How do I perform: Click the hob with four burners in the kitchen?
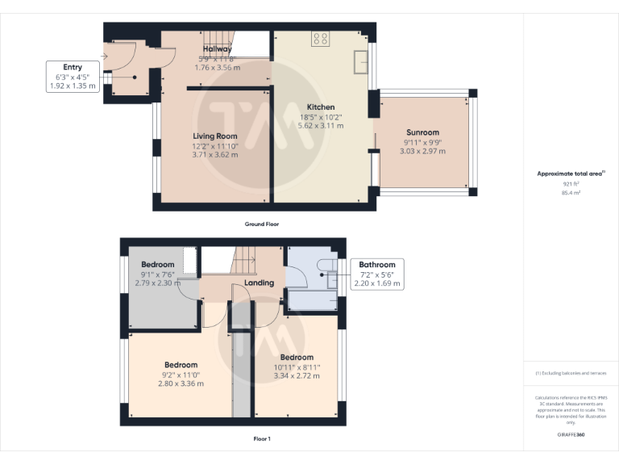(x=320, y=38)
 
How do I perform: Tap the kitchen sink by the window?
(x=360, y=59)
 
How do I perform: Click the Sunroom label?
(x=422, y=132)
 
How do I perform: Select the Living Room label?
(x=214, y=136)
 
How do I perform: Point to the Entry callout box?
(x=73, y=76)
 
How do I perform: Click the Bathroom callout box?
(x=376, y=274)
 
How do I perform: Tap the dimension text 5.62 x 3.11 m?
(x=320, y=126)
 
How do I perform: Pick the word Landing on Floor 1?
(x=259, y=283)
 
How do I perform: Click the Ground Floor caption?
(x=262, y=224)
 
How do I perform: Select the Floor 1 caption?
(x=262, y=439)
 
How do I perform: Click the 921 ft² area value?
(x=571, y=184)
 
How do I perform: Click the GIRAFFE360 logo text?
(x=571, y=435)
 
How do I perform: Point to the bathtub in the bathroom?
(x=313, y=300)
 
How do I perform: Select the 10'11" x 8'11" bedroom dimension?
(x=297, y=367)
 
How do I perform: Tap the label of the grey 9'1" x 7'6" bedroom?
(x=158, y=265)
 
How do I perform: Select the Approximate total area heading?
(x=569, y=174)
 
